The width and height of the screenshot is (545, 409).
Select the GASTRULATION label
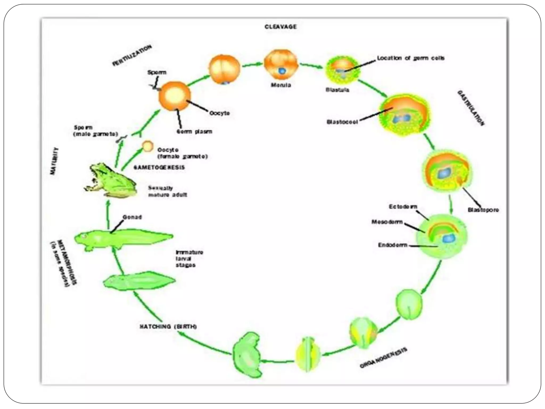[470, 108]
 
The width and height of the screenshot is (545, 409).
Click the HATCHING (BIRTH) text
[168, 326]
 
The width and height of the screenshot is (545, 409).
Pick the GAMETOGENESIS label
[159, 167]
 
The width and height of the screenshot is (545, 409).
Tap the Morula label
[281, 85]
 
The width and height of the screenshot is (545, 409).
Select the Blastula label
[337, 90]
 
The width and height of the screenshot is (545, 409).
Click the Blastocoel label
[342, 122]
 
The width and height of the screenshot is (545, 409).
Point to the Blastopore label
[483, 210]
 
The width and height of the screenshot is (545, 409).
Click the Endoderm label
[393, 245]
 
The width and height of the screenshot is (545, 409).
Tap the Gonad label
[132, 217]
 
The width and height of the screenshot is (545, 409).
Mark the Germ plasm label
[195, 132]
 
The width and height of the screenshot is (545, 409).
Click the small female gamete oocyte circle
[148, 146]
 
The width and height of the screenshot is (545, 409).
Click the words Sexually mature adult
[167, 191]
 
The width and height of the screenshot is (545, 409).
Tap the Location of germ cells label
[411, 58]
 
